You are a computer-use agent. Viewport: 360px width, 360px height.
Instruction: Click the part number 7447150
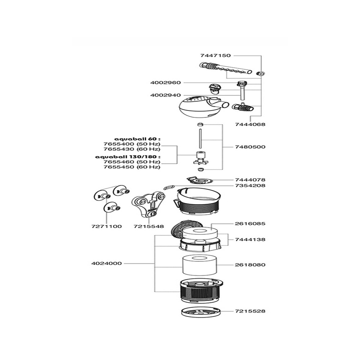point(215,55)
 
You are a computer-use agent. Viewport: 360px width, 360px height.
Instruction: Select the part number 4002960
point(166,83)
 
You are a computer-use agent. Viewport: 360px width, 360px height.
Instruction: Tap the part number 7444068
point(250,125)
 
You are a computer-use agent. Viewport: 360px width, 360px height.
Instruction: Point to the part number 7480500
point(250,147)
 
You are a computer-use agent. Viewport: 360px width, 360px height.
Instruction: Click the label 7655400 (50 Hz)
point(132,144)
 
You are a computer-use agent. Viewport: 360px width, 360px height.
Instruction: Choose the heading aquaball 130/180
point(128,157)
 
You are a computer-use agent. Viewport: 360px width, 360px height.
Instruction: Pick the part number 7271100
point(107,226)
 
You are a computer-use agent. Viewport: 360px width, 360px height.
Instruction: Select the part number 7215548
point(149,226)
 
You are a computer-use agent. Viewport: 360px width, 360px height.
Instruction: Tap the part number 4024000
point(107,264)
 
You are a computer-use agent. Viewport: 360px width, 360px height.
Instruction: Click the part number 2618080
point(250,265)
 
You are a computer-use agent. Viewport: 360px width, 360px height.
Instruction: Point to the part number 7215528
point(250,311)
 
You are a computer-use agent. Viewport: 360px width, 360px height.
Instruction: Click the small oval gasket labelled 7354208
point(169,188)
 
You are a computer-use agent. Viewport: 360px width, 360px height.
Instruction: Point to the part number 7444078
point(250,180)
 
